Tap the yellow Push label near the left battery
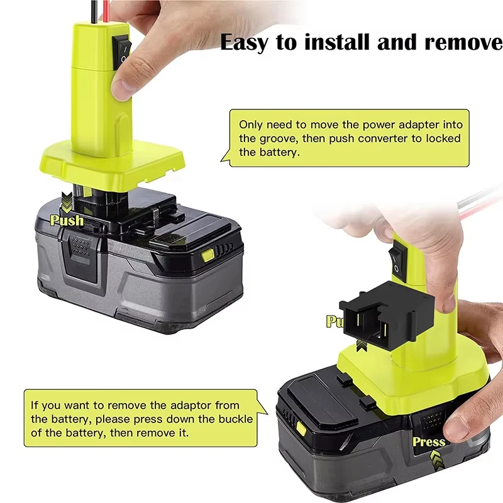pyautogui.click(x=67, y=220)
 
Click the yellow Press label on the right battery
pyautogui.click(x=429, y=442)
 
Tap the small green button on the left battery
pyautogui.click(x=208, y=255)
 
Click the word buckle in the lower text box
pyautogui.click(x=235, y=419)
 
